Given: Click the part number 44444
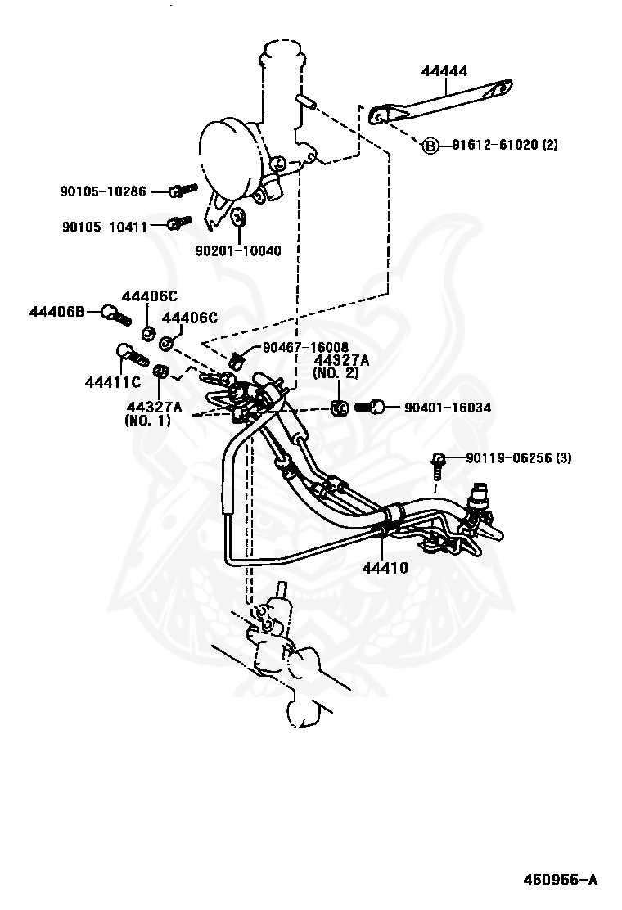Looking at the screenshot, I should click(444, 72).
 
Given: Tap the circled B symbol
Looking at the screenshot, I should click(430, 146).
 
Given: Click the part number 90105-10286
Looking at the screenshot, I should click(102, 191).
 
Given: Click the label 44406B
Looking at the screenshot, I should click(57, 312).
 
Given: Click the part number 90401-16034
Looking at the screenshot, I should click(447, 408).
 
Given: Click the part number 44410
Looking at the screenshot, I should click(384, 566).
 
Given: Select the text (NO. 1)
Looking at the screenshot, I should click(148, 420).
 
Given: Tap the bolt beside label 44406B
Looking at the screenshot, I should click(114, 313).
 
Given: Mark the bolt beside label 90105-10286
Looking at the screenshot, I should click(181, 191).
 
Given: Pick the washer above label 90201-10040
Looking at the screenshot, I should click(239, 218).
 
